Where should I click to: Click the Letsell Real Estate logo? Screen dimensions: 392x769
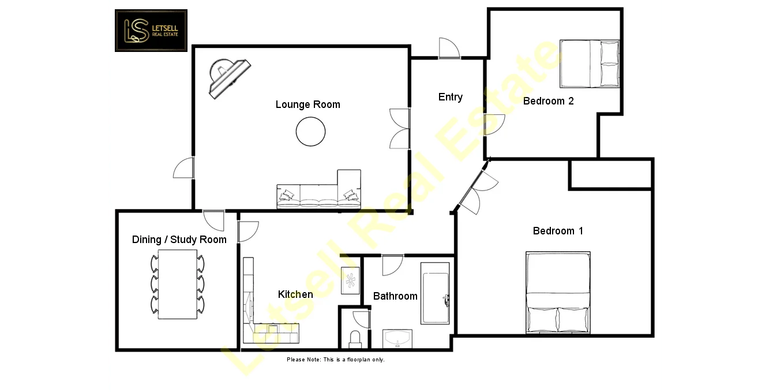(x=151, y=31)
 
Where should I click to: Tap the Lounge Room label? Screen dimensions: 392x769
(x=307, y=104)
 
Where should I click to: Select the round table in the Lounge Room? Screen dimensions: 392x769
(x=310, y=132)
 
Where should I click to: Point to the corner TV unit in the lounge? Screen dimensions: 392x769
(x=230, y=77)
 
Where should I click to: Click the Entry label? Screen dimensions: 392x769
(x=450, y=97)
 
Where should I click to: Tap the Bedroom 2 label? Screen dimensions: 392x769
(x=548, y=101)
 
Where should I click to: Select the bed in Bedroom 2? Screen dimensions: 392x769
(x=589, y=64)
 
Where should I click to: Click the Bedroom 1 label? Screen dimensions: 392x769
(x=558, y=231)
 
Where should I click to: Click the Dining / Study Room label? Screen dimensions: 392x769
(x=179, y=240)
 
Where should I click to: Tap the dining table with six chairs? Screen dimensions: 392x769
(x=178, y=284)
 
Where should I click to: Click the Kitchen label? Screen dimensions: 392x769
(x=295, y=294)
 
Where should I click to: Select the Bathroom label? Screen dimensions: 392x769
(x=395, y=296)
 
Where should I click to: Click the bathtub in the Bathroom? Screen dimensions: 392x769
(x=435, y=293)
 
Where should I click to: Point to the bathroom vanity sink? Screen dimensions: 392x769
(x=397, y=339)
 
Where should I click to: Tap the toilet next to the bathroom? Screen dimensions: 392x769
(x=355, y=338)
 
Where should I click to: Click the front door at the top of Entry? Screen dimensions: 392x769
(x=449, y=50)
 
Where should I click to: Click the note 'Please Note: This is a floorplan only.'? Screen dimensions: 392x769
(x=335, y=360)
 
